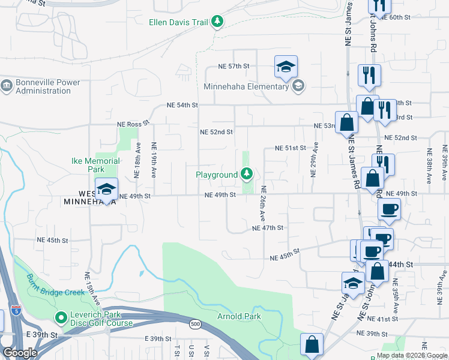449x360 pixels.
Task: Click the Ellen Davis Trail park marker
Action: click(217, 23)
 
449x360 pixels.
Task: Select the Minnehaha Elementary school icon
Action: click(298, 86)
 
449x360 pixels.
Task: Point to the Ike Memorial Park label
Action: click(95, 165)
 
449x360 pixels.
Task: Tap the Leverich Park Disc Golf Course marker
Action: click(60, 317)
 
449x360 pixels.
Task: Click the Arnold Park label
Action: click(239, 316)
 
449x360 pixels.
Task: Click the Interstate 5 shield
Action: click(15, 311)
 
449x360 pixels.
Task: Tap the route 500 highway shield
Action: click(196, 325)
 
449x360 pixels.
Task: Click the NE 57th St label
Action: click(234, 66)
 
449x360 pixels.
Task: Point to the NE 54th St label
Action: click(182, 105)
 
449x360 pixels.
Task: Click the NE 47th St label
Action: click(267, 228)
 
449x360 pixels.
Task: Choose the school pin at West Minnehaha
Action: click(106, 190)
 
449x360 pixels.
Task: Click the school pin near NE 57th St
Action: click(286, 67)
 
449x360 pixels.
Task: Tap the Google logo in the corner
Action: click(20, 353)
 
